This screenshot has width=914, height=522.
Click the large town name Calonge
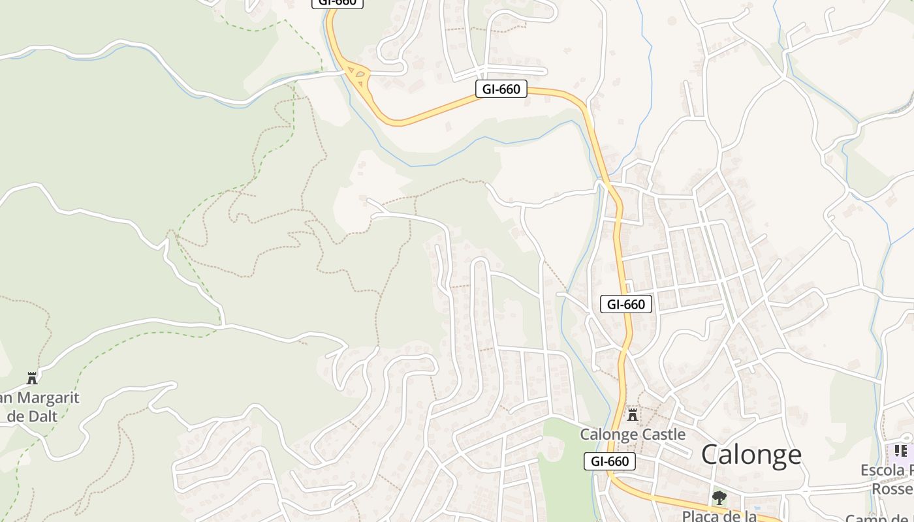[x=751, y=454]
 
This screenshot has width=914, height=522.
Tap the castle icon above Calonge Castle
[x=632, y=414]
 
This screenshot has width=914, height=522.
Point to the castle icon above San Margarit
[x=31, y=378]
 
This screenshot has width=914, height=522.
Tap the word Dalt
[x=41, y=416]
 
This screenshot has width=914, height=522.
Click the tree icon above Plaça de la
[x=719, y=498]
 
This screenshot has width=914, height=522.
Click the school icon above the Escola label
[x=901, y=451]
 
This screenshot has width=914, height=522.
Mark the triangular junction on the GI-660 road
[x=357, y=76]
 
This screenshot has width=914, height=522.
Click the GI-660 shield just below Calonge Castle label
[x=610, y=461]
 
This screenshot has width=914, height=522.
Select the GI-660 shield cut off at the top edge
[x=338, y=3]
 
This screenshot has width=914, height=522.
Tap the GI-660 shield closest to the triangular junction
[x=501, y=89]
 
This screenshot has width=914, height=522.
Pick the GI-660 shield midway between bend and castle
[x=626, y=303]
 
